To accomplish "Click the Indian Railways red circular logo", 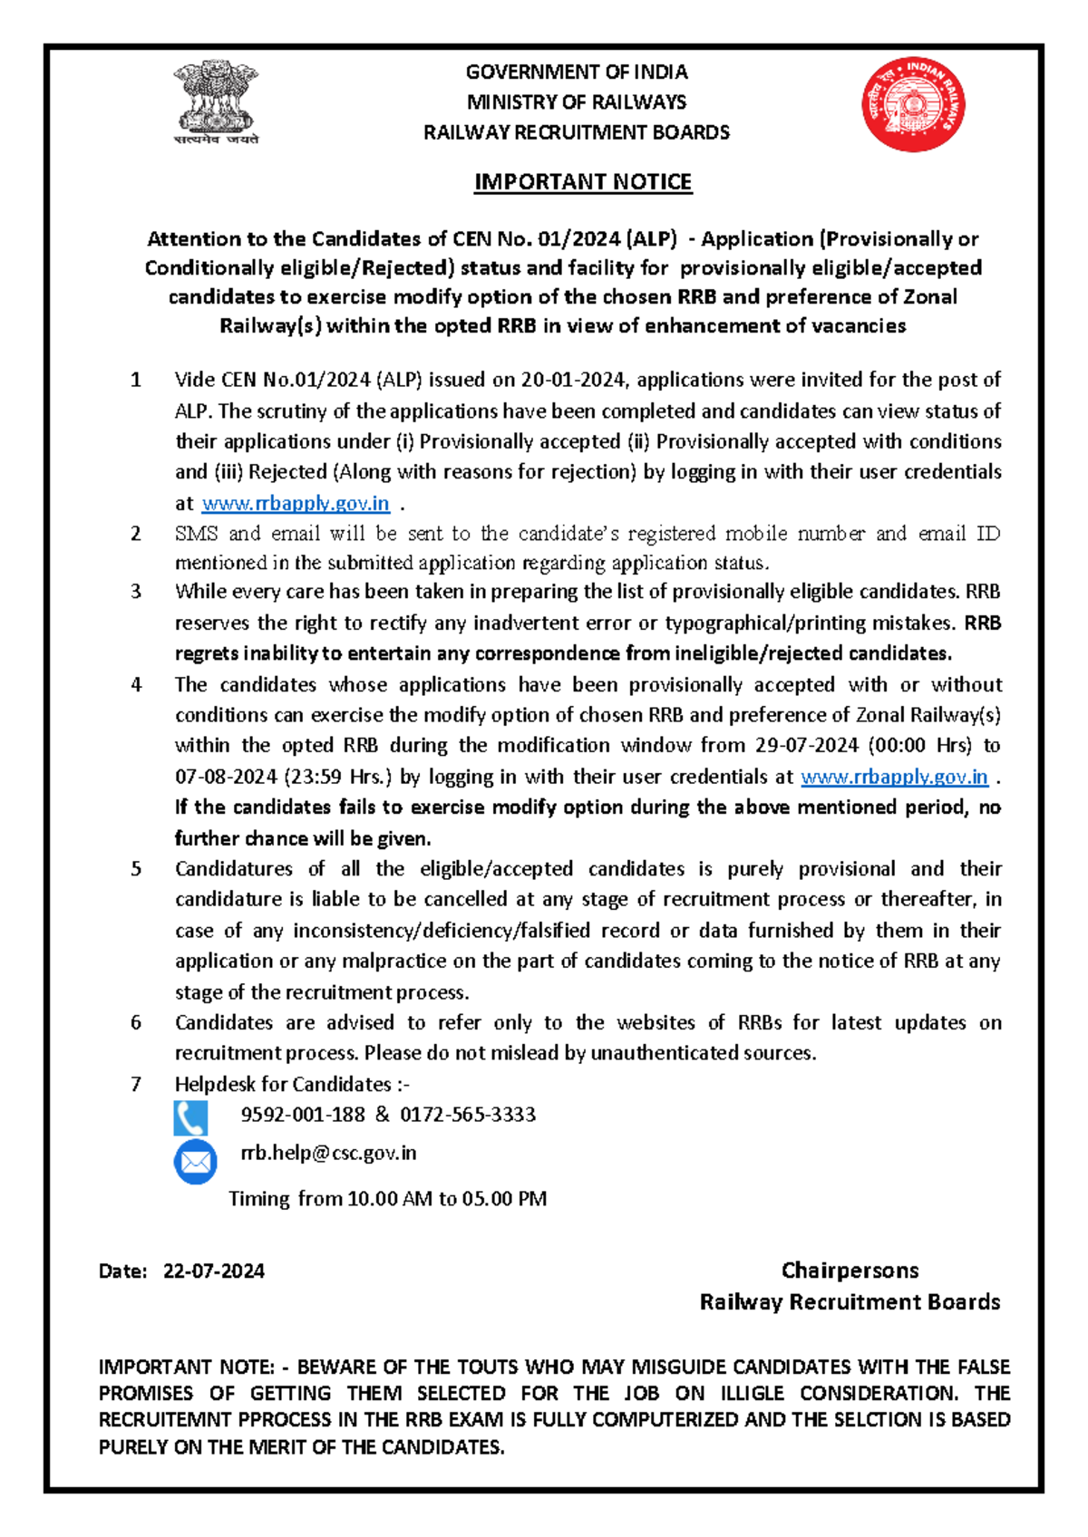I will (913, 104).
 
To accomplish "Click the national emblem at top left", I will (216, 101).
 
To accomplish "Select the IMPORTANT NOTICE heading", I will (583, 182).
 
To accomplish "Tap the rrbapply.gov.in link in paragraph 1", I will (296, 503).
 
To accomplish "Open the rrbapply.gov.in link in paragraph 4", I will (894, 777).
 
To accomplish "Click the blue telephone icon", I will (190, 1118).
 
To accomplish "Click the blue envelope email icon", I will (195, 1162).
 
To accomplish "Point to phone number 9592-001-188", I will (303, 1114).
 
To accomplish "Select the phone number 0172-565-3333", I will (468, 1114).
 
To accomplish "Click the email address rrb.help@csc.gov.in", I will (328, 1153).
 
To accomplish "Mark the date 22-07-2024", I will (214, 1271).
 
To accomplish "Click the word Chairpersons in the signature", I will (850, 1270).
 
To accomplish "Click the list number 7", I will (136, 1084).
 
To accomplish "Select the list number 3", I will (136, 592).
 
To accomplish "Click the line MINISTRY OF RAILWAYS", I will (577, 102).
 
